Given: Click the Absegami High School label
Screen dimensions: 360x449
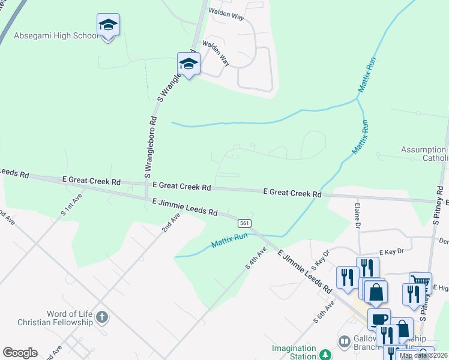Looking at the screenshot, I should [56, 36].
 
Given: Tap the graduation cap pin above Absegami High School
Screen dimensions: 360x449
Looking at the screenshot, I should [108, 25].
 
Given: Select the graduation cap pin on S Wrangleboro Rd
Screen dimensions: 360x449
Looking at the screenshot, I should [188, 64].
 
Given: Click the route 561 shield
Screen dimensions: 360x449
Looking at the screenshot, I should [244, 223].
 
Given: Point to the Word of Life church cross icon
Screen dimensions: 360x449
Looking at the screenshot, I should [102, 317].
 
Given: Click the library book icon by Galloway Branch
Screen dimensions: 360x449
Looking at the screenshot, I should [344, 341].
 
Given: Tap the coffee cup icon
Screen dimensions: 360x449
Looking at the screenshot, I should [379, 319].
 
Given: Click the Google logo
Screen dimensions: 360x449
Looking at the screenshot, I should [20, 353].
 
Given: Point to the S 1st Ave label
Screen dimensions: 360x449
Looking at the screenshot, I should [71, 204].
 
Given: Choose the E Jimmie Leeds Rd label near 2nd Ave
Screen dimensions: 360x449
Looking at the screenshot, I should [185, 208].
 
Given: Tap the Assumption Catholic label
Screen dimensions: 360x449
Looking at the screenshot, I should [424, 154].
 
